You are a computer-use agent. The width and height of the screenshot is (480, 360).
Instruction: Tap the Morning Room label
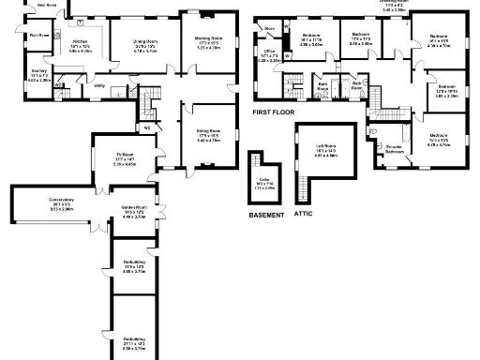point(208,39)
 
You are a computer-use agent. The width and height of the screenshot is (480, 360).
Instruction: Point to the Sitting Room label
point(208,131)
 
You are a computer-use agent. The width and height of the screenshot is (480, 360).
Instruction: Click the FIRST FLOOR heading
point(274,112)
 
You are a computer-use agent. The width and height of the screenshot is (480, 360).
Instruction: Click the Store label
point(268,28)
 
